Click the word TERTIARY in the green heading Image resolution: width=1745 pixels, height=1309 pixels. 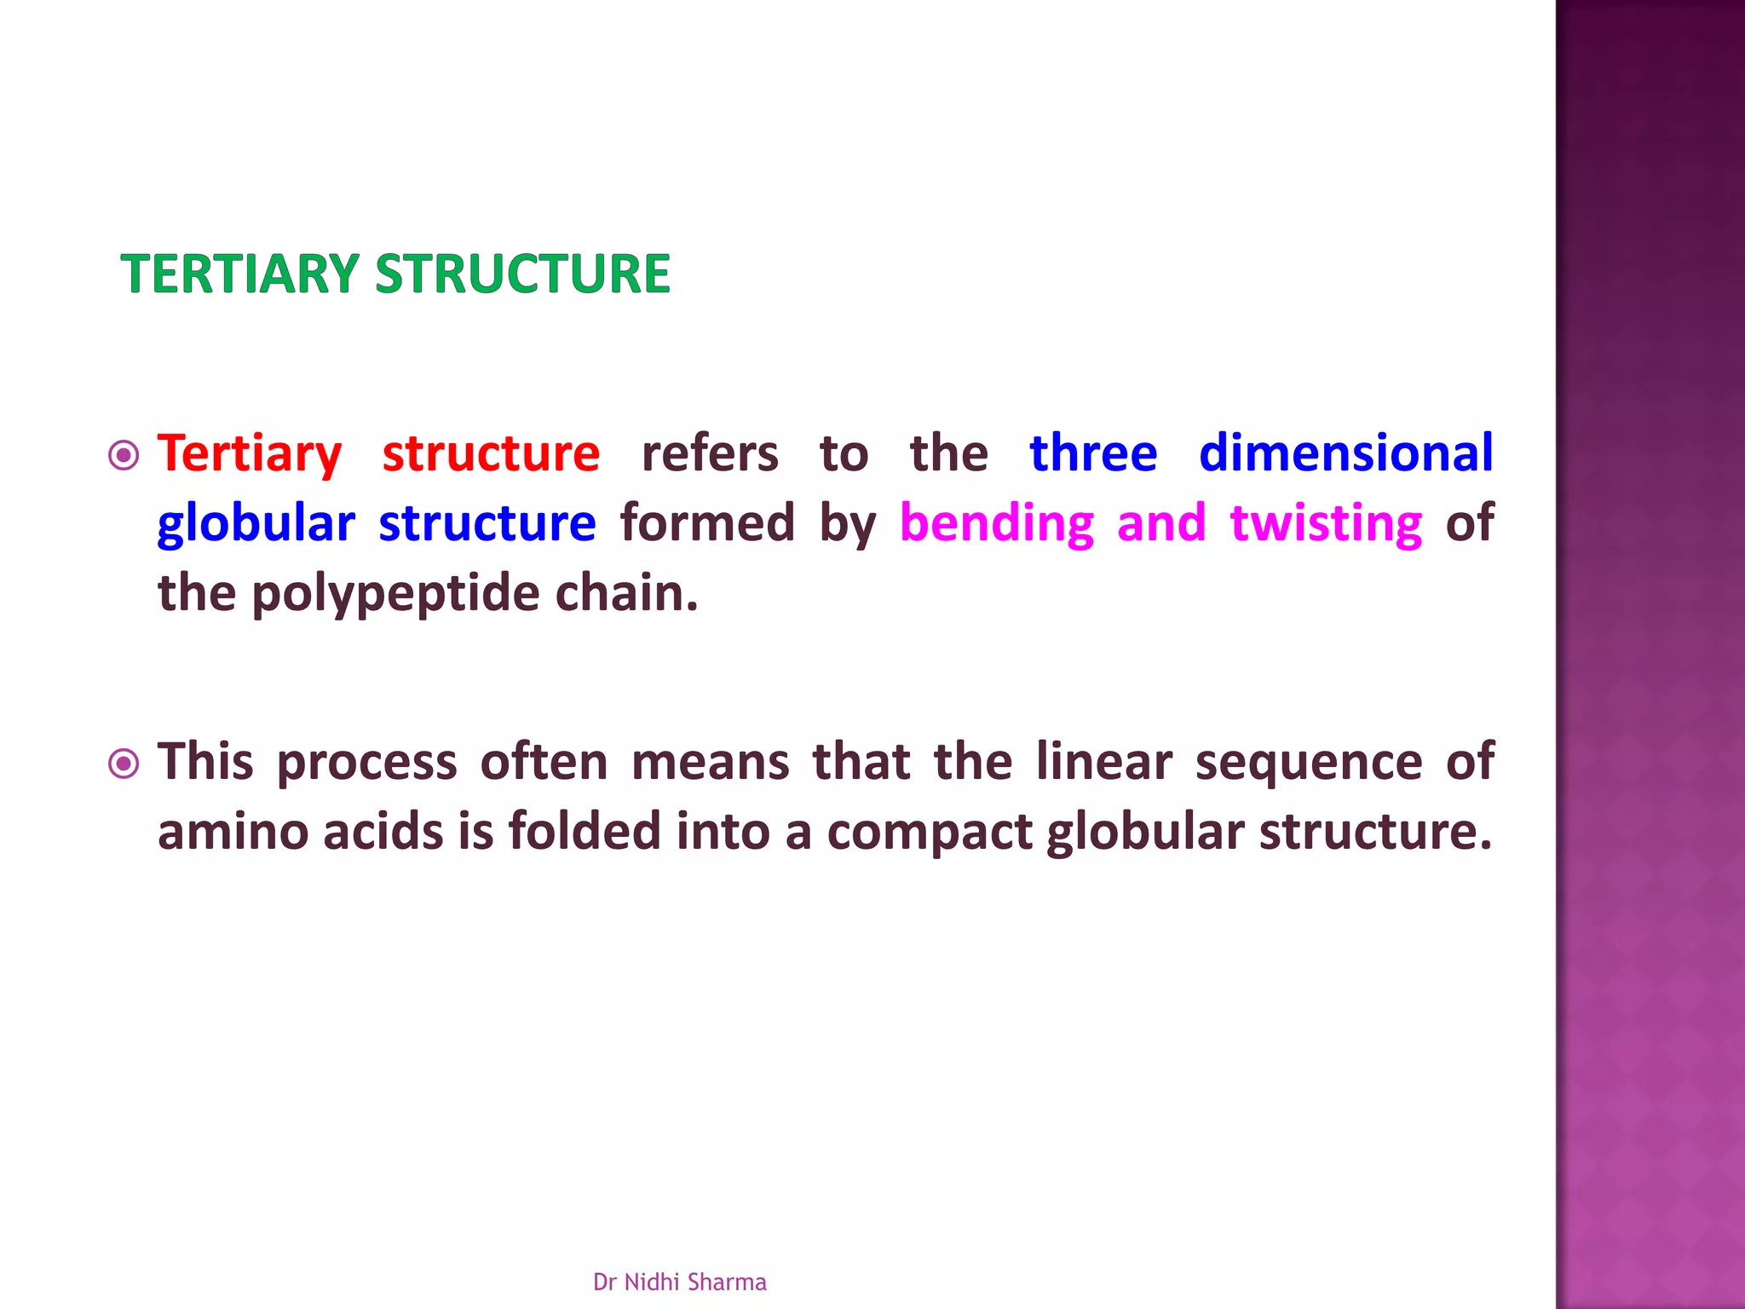(239, 274)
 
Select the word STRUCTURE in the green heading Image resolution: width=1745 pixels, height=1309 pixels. (522, 274)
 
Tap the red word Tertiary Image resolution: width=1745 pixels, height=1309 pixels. (250, 453)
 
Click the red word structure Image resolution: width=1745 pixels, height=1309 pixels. (491, 453)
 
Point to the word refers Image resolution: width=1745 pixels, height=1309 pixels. (710, 453)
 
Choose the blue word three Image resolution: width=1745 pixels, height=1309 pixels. (1093, 453)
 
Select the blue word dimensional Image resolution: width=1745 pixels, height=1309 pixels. (1345, 453)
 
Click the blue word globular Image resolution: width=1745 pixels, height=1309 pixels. (256, 523)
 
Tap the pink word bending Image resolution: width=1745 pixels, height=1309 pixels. (996, 523)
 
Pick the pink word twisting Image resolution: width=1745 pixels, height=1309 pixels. (1326, 523)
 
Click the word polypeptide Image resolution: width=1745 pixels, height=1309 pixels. (396, 594)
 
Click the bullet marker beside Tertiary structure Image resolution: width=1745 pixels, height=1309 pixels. (124, 456)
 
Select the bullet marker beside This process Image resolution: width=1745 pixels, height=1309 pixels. (124, 764)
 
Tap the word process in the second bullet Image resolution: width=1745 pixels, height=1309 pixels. (367, 762)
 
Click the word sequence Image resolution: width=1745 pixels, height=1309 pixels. (1308, 762)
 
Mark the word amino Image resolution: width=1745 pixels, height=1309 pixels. (233, 831)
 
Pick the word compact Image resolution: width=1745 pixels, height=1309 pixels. (930, 833)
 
